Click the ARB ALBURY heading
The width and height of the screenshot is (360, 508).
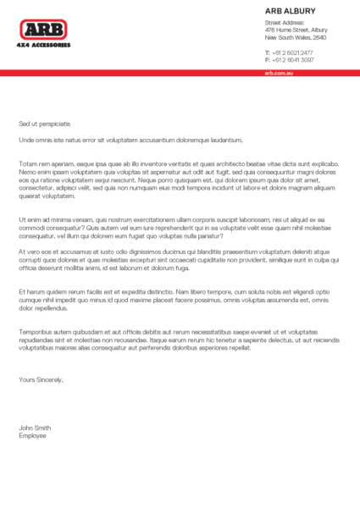(x=290, y=11)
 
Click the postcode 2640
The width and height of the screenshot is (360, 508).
(x=319, y=38)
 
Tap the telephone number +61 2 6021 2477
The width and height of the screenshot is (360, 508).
(x=292, y=52)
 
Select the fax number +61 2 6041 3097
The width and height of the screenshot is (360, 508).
(x=292, y=60)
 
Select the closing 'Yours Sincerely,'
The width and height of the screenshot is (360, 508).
(x=41, y=379)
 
